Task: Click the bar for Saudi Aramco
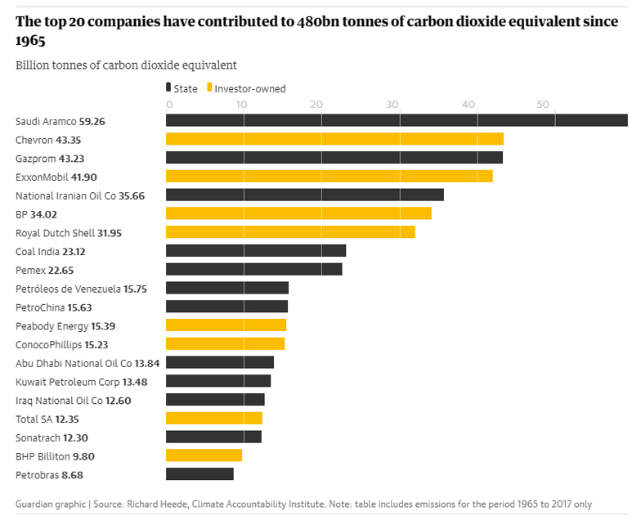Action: point(397,120)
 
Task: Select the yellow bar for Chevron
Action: point(334,139)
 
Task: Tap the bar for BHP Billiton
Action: point(204,455)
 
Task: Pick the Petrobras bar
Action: point(199,474)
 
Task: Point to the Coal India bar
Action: point(256,251)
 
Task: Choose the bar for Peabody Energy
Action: point(226,325)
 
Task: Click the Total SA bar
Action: point(214,418)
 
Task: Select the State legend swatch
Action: point(168,88)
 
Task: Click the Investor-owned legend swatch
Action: point(210,88)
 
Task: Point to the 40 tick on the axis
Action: point(468,104)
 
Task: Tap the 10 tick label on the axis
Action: point(243,104)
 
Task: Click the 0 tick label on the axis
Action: point(169,104)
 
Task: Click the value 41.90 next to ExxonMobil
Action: point(85,177)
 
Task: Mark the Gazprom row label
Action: point(33,158)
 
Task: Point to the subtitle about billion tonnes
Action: point(126,65)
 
